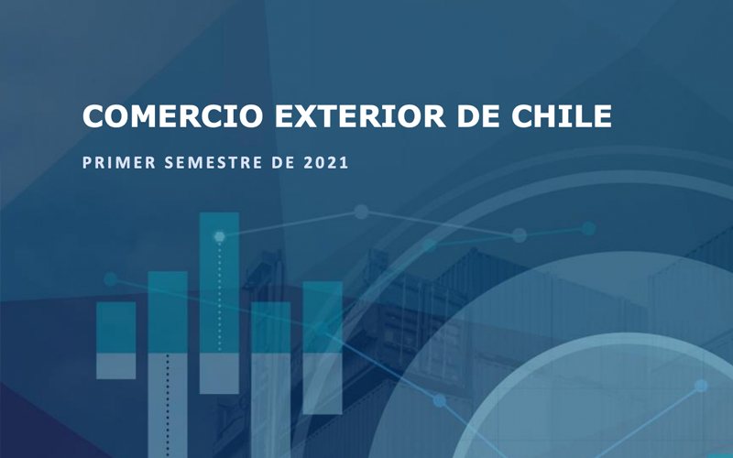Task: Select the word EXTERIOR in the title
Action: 360,116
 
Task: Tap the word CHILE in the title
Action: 562,116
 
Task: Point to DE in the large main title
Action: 478,116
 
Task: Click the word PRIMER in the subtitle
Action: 119,163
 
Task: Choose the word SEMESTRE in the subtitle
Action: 213,163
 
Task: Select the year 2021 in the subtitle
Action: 326,163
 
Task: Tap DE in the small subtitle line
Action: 283,163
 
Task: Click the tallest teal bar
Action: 219,303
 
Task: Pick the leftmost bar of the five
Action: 116,340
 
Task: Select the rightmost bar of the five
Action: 323,348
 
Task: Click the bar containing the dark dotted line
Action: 168,365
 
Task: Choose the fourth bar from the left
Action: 271,379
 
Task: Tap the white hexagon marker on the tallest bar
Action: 219,237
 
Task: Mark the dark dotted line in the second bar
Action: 168,406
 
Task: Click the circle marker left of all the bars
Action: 111,279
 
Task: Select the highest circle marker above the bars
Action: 361,212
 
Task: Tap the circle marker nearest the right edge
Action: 701,386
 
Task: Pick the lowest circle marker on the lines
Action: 440,400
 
